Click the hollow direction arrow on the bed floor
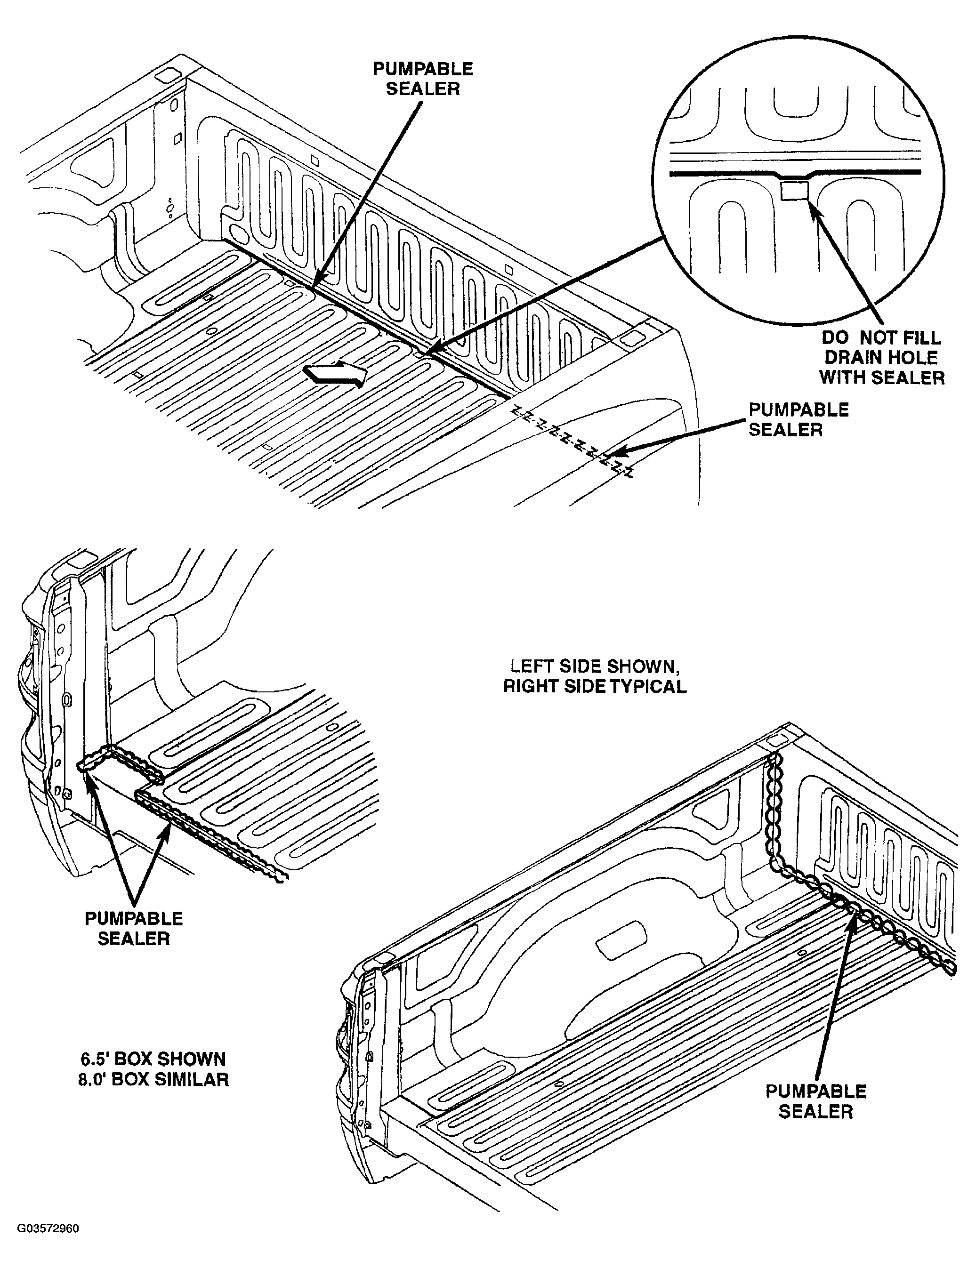pyautogui.click(x=337, y=375)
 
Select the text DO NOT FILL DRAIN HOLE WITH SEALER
pyautogui.click(x=881, y=358)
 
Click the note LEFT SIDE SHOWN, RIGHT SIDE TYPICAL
pyautogui.click(x=595, y=676)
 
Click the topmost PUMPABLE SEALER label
pyautogui.click(x=423, y=79)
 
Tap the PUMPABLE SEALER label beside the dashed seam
pyautogui.click(x=799, y=420)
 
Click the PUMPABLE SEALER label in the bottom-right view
pyautogui.click(x=816, y=1101)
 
